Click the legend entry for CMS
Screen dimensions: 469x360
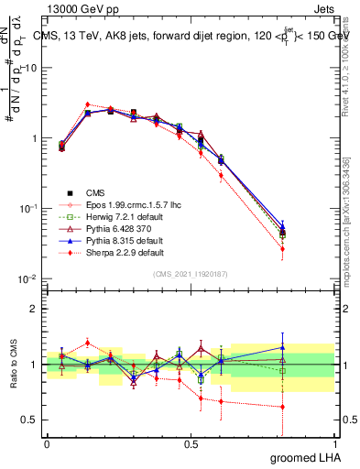(x=95, y=192)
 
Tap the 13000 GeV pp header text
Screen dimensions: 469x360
(x=74, y=7)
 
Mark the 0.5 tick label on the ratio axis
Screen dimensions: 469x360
(x=27, y=420)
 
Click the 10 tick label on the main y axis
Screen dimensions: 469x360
(x=27, y=68)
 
